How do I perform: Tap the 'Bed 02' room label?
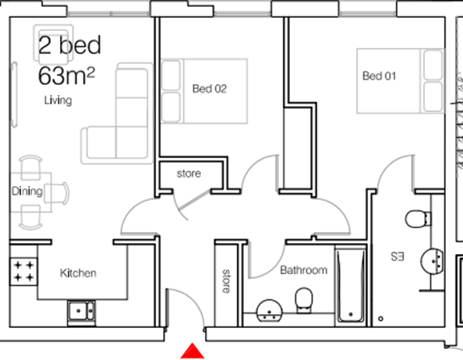tap(209, 89)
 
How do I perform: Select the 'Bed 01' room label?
tap(379, 76)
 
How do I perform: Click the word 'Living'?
tap(58, 101)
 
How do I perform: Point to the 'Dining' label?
tap(26, 190)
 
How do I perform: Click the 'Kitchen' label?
tap(78, 273)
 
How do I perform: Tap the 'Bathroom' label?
tap(303, 270)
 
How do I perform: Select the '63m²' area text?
tap(66, 76)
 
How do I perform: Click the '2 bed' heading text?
tap(69, 45)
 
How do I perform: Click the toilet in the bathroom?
tap(303, 298)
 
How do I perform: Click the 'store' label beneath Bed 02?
tap(189, 173)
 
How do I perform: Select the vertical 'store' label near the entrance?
tap(226, 281)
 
